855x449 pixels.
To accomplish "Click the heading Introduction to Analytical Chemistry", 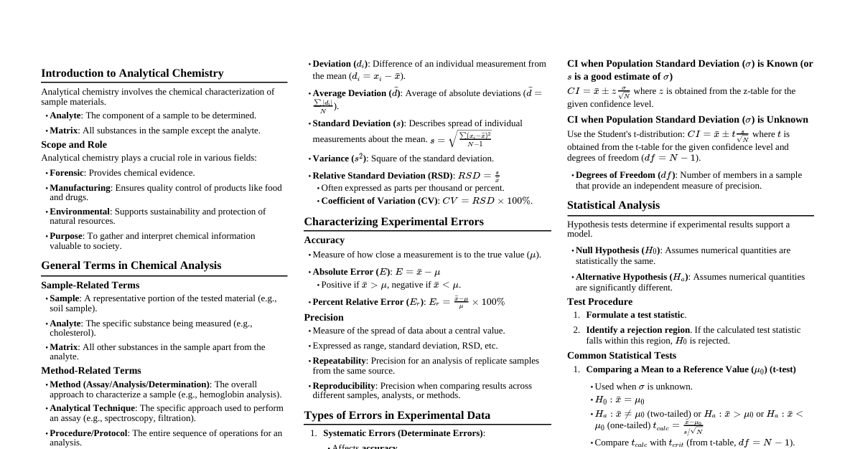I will pyautogui.click(x=132, y=73).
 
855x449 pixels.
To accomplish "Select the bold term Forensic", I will pyautogui.click(x=66, y=173).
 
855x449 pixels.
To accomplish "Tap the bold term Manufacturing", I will pyautogui.click(x=80, y=188).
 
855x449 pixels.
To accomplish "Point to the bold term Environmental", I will pyautogui.click(x=79, y=212).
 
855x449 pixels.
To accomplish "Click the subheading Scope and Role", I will pyautogui.click(x=74, y=145).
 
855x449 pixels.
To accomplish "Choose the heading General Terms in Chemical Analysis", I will pyautogui.click(x=131, y=265).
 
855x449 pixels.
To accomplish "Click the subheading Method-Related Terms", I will pyautogui.click(x=90, y=371).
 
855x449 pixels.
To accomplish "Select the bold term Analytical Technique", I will pyautogui.click(x=93, y=408).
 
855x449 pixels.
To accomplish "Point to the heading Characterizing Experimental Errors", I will pyautogui.click(x=393, y=222).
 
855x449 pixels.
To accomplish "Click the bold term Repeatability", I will pyautogui.click(x=339, y=361).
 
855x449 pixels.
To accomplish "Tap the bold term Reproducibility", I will pyautogui.click(x=343, y=386).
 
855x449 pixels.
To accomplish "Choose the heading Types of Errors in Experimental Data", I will pyautogui.click(x=397, y=415).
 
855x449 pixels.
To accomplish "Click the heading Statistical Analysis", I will pyautogui.click(x=613, y=205).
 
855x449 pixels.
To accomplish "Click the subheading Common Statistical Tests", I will pyautogui.click(x=621, y=356).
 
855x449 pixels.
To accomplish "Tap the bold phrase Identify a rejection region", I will pyautogui.click(x=637, y=330).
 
